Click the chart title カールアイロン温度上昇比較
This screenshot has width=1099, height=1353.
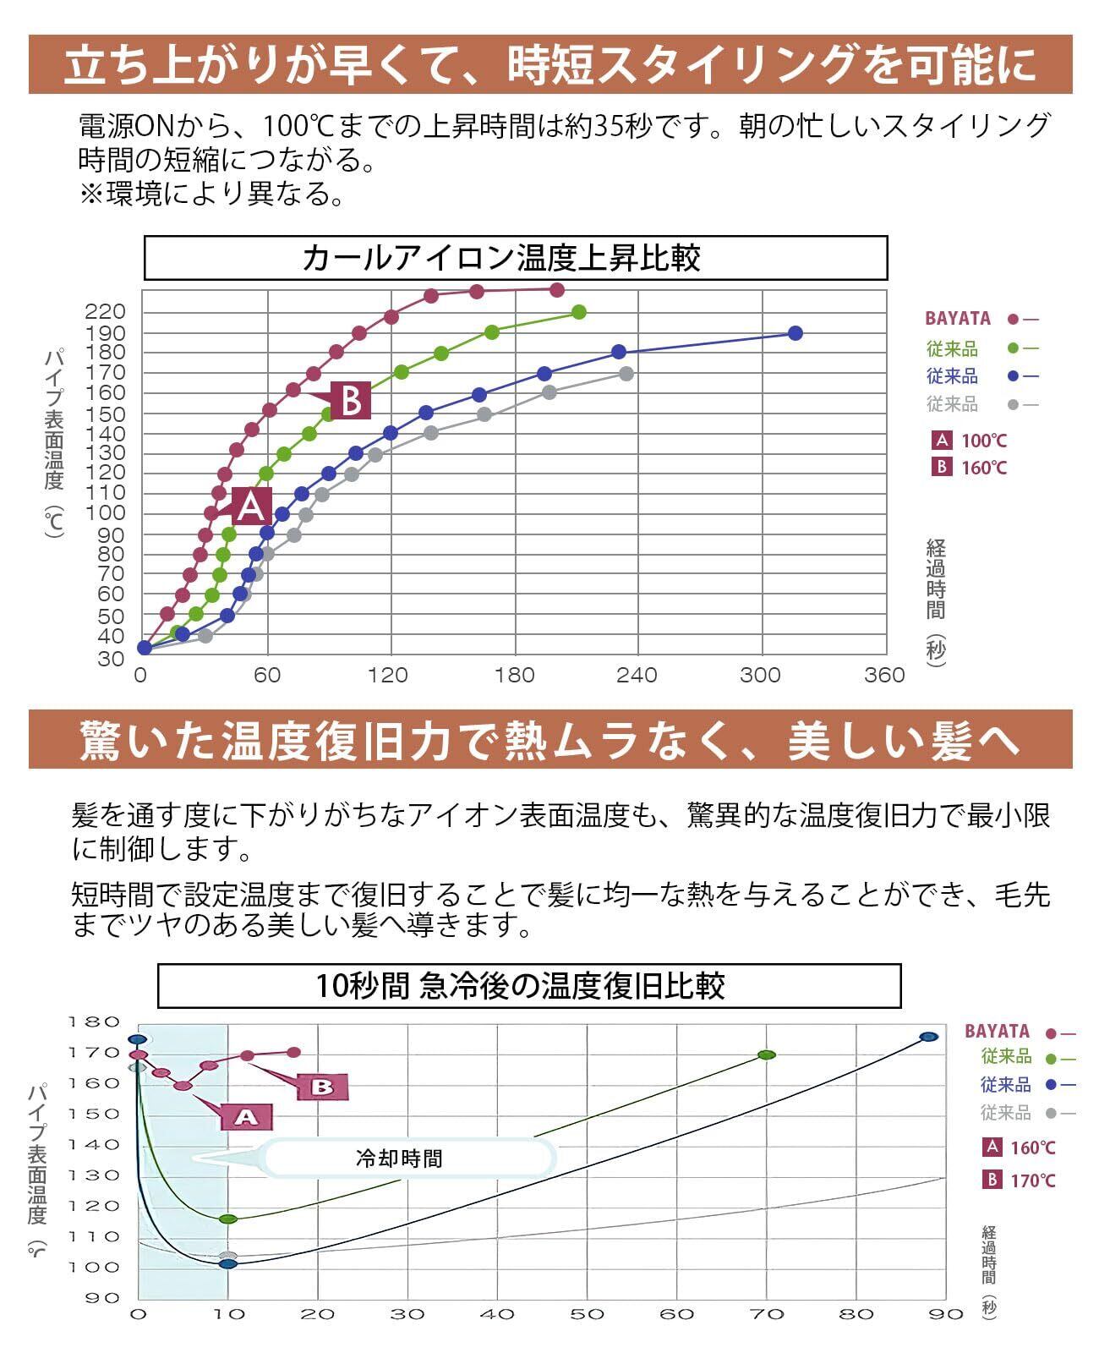pyautogui.click(x=515, y=258)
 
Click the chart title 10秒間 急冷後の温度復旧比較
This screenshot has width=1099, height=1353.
pyautogui.click(x=528, y=986)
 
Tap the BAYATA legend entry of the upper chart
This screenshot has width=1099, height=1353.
pyautogui.click(x=958, y=319)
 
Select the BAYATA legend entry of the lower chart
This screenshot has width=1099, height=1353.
pyautogui.click(x=998, y=1032)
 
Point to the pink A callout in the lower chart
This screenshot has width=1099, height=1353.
pyautogui.click(x=245, y=1117)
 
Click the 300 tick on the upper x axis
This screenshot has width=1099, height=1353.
pyautogui.click(x=760, y=676)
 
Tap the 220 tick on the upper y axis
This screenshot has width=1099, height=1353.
pyautogui.click(x=105, y=312)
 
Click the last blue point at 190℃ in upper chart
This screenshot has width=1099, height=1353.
pyautogui.click(x=795, y=333)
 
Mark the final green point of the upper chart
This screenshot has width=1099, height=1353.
pyautogui.click(x=579, y=313)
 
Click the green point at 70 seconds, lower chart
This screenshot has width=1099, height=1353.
pyautogui.click(x=767, y=1054)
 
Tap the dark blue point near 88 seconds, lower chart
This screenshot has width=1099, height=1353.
pyautogui.click(x=929, y=1037)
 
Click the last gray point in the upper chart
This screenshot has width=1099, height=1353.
pyautogui.click(x=626, y=374)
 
